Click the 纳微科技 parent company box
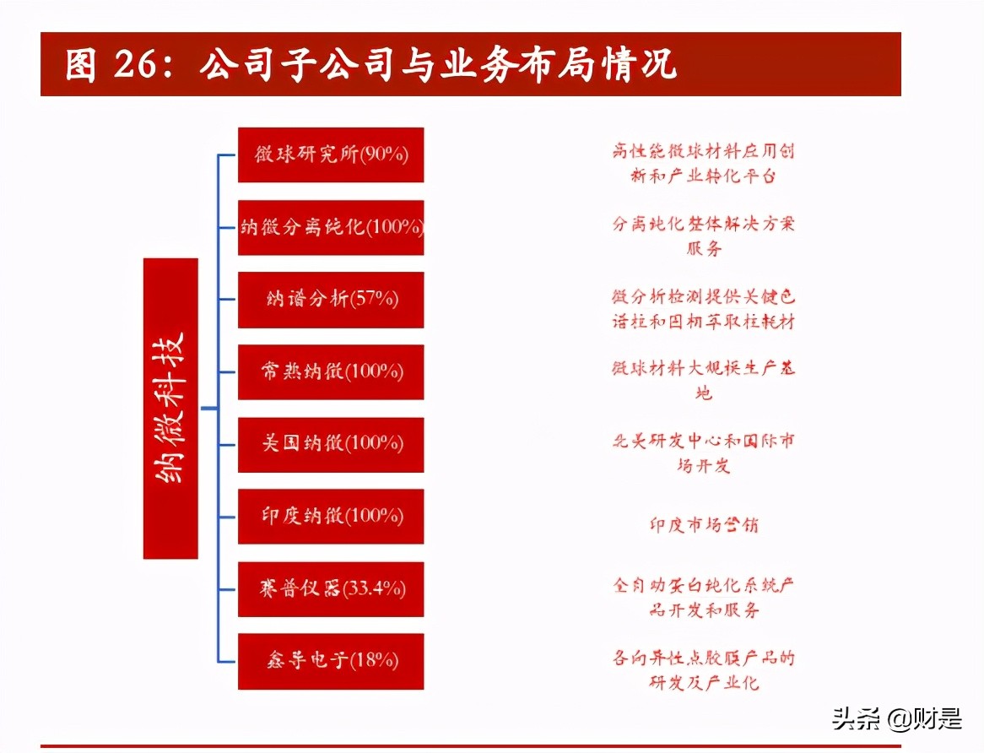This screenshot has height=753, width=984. click(170, 409)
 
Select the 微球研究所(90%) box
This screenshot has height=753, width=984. click(331, 154)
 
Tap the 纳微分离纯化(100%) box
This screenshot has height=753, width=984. click(331, 227)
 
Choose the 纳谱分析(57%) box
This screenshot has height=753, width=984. click(331, 300)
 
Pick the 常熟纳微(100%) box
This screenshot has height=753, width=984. click(331, 371)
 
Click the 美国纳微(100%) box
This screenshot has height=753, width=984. click(331, 444)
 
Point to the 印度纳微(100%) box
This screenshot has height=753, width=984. click(331, 516)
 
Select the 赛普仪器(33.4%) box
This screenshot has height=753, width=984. click(331, 588)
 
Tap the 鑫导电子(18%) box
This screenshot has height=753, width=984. click(331, 660)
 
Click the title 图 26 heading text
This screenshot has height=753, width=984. click(371, 65)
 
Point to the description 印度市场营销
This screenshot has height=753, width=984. click(703, 524)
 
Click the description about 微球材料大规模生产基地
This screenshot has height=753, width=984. click(703, 381)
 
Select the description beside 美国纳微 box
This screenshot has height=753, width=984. click(703, 453)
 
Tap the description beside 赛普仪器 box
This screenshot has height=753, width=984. click(703, 598)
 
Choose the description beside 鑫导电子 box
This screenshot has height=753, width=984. click(703, 669)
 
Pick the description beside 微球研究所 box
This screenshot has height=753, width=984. click(703, 164)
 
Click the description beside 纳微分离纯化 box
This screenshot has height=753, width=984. click(703, 236)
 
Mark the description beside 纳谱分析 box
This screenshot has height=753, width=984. click(703, 309)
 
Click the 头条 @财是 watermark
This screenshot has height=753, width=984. click(897, 719)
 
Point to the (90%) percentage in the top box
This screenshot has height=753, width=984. click(386, 154)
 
